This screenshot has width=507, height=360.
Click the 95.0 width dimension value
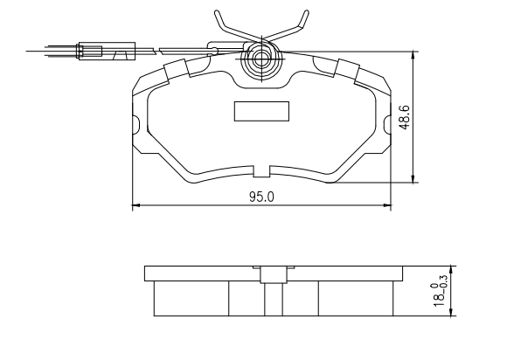pyautogui.click(x=261, y=197)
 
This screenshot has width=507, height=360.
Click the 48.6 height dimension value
pyautogui.click(x=405, y=117)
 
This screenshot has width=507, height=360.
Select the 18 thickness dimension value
pyautogui.click(x=439, y=301)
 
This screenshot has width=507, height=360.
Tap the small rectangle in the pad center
pyautogui.click(x=261, y=111)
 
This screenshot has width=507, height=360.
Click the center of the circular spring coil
pyautogui.click(x=260, y=59)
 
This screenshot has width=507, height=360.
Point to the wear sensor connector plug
pyautogui.click(x=107, y=51)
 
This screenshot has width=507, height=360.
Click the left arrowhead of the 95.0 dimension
pyautogui.click(x=135, y=204)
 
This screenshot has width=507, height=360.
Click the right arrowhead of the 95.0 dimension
pyautogui.click(x=387, y=204)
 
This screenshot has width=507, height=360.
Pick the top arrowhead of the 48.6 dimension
pyautogui.click(x=413, y=55)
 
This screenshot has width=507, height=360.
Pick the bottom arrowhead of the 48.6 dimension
pyautogui.click(x=413, y=179)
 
